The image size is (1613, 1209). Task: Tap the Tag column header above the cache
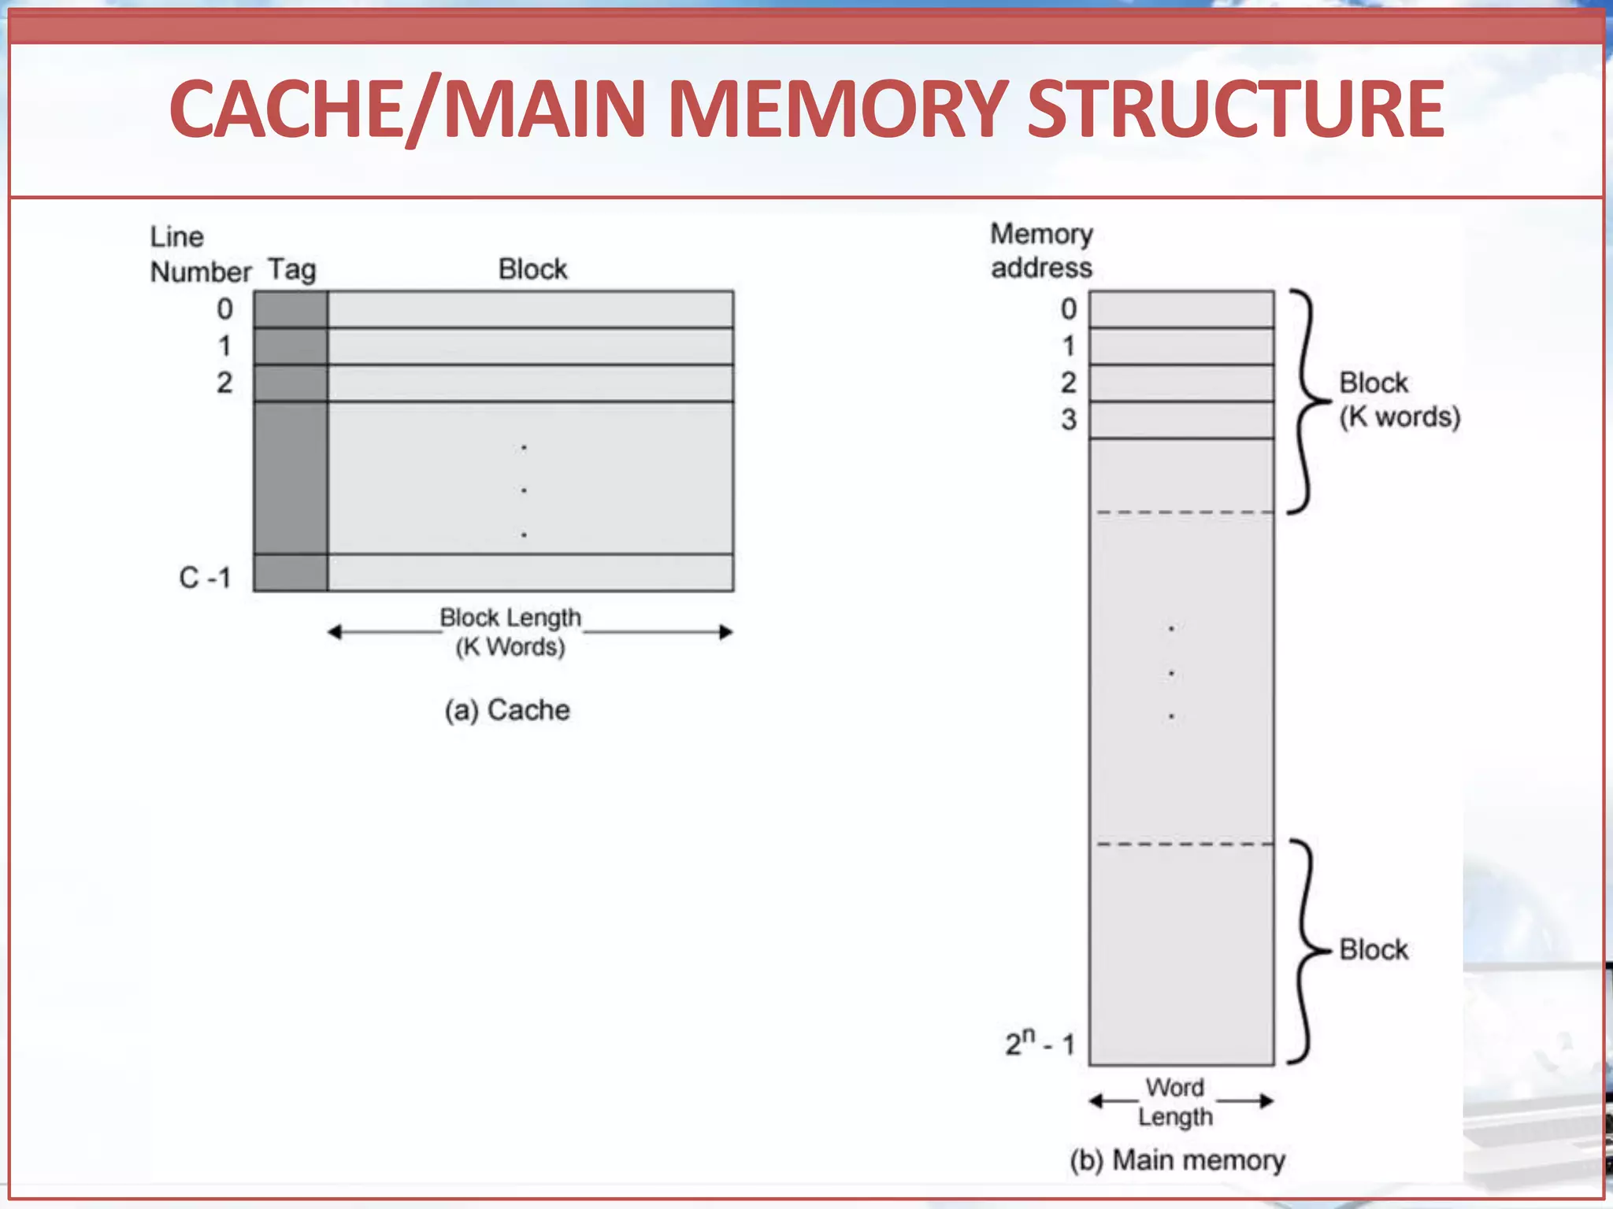[292, 269]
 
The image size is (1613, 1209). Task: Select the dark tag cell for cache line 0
[291, 309]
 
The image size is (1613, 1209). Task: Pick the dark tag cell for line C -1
[291, 573]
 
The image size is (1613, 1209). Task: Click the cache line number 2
[224, 383]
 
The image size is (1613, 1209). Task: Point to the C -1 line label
[205, 578]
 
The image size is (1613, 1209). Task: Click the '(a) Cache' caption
[506, 710]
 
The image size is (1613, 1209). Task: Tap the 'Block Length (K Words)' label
[510, 632]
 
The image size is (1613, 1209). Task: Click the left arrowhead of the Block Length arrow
[334, 632]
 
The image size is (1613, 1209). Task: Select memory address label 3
[1068, 420]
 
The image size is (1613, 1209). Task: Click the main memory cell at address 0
[1181, 309]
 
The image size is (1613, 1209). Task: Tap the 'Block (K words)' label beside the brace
[1399, 400]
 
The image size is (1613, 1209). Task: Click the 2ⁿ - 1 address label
[1040, 1044]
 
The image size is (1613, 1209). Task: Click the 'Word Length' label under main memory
[1175, 1102]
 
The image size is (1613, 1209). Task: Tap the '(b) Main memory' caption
[1177, 1160]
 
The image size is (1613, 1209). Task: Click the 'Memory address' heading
[1041, 250]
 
